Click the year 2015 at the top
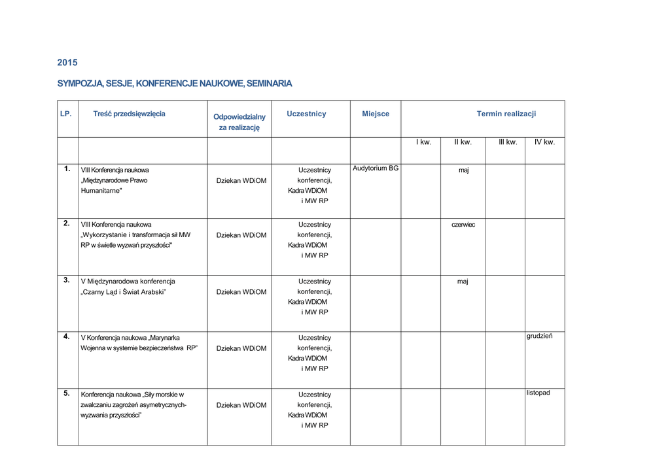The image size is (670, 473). coord(67,63)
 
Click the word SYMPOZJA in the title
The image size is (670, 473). coord(79,84)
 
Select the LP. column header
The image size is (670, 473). coord(65,114)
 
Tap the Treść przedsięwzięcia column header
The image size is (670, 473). coord(129,114)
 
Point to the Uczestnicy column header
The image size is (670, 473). coord(306,114)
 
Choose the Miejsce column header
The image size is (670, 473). coord(376,114)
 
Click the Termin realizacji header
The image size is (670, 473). coord(506,114)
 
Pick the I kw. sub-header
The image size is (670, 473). coord(423,142)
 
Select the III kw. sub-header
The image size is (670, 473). coord(507,142)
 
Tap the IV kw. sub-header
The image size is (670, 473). coord(544,142)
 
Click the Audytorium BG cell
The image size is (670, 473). coord(376,169)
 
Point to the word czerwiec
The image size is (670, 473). coord(463,225)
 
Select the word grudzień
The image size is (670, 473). coord(540,336)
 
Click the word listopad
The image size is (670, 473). coord(538,393)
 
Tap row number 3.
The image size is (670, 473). coord(67,280)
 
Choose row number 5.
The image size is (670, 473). coord(67,393)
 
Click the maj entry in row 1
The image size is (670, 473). coord(463,171)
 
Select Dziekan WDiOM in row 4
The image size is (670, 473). coord(241,348)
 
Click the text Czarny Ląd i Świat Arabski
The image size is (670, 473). coord(124,291)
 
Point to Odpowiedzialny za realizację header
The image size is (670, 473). coord(239,122)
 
